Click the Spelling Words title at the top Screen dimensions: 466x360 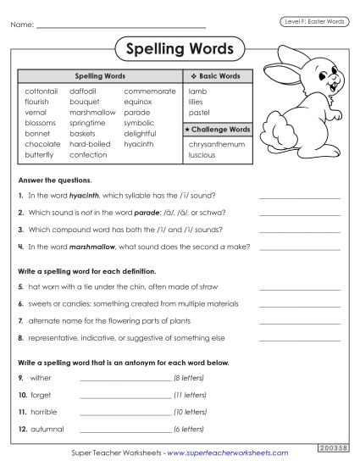[x=180, y=47]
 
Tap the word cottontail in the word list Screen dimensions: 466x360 [x=42, y=91]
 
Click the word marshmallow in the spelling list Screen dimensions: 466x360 [x=92, y=112]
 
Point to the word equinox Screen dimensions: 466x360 [x=138, y=101]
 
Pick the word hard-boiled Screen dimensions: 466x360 [x=90, y=144]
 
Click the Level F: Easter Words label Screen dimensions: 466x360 [x=313, y=21]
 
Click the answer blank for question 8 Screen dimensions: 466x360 [x=299, y=338]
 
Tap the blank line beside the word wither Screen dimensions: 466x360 [x=125, y=379]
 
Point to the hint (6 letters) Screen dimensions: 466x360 [x=189, y=429]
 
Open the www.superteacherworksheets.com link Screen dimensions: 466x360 [x=222, y=454]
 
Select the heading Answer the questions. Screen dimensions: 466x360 [x=54, y=180]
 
